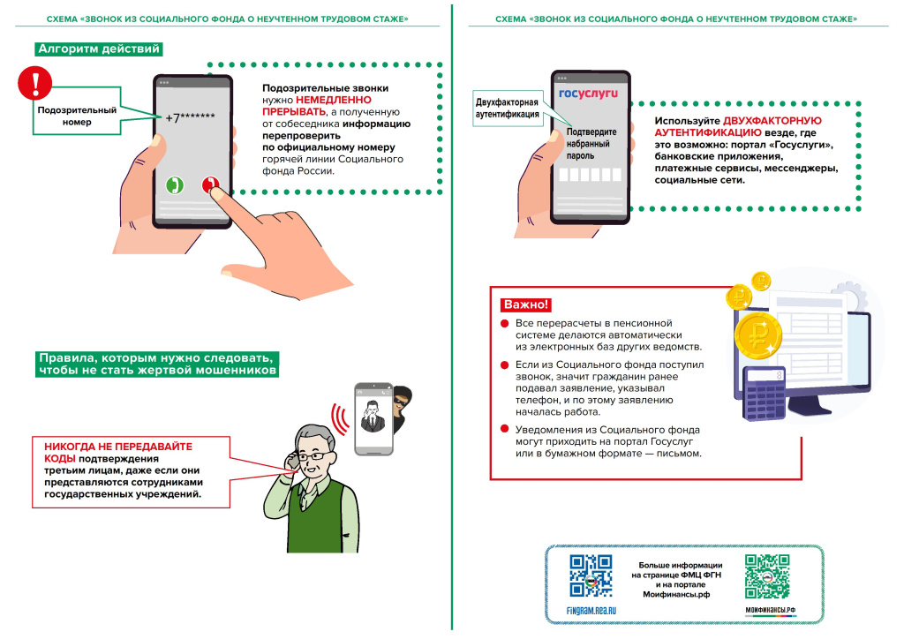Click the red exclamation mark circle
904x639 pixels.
(35, 85)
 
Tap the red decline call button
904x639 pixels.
(211, 185)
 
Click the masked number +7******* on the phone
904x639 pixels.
(191, 117)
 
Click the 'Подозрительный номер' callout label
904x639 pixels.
(76, 116)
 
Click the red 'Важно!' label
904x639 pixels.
(526, 304)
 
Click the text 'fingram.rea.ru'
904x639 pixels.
(591, 610)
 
